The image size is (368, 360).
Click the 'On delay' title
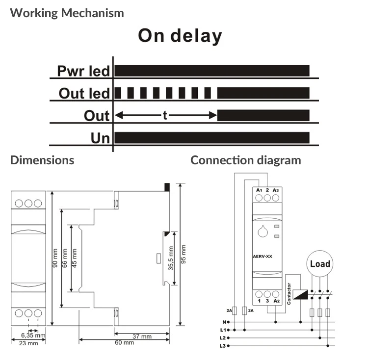[180, 36]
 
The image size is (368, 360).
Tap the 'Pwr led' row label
[83, 71]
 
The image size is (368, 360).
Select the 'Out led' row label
[84, 93]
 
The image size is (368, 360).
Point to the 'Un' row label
[100, 138]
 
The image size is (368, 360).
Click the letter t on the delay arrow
[165, 116]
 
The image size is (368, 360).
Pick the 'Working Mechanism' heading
[67, 13]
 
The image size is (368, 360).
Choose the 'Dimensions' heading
[42, 160]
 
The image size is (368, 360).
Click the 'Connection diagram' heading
[245, 160]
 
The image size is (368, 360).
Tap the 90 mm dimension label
[54, 257]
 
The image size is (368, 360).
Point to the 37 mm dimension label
[142, 336]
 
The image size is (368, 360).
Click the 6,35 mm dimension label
[33, 336]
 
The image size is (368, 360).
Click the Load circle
[319, 264]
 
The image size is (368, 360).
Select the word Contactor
[289, 294]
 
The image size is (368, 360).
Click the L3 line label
[223, 346]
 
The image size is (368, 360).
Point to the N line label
[224, 322]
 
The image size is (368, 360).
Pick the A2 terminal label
[276, 300]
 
